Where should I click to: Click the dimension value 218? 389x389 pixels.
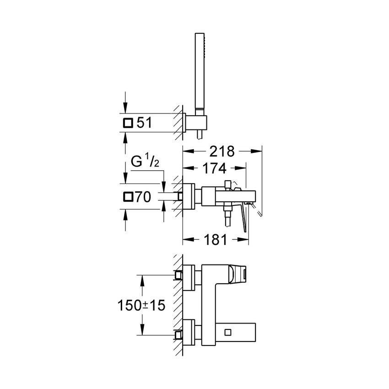222,151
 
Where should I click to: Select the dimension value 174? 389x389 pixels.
214,168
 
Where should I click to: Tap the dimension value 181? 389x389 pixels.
215,240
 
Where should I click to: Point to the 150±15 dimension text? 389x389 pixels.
141,305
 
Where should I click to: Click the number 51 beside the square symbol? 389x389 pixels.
144,123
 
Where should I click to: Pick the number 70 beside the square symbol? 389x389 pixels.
142,197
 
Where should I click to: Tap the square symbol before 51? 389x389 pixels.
128,123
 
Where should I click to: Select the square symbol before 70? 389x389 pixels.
128,197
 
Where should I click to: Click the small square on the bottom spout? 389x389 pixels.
228,332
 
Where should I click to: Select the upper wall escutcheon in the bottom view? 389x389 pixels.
189,278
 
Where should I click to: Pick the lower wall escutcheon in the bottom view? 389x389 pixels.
189,332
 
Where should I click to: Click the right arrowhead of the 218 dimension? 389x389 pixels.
257,151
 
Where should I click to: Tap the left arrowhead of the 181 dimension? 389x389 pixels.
188,239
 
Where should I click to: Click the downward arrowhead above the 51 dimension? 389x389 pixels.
125,108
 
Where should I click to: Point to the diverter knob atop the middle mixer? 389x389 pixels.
227,184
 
